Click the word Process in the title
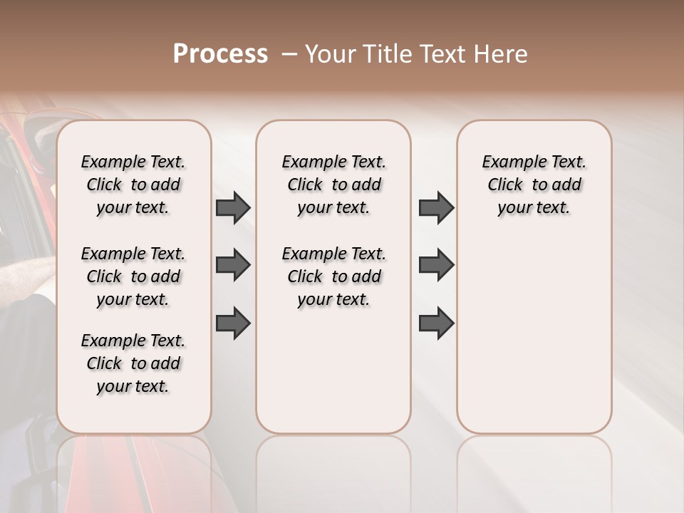click(220, 54)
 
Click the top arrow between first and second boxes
click(233, 208)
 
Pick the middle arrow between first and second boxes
click(233, 266)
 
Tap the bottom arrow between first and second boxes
click(233, 323)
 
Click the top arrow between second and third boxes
click(436, 208)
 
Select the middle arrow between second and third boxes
click(436, 266)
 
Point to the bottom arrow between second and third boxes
click(436, 323)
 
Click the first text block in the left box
click(133, 185)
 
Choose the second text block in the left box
click(133, 276)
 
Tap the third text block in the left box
click(133, 363)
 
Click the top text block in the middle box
click(333, 185)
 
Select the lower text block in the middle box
click(333, 276)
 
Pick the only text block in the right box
click(534, 185)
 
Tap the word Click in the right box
click(505, 185)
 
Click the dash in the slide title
click(289, 54)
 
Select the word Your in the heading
click(331, 54)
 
